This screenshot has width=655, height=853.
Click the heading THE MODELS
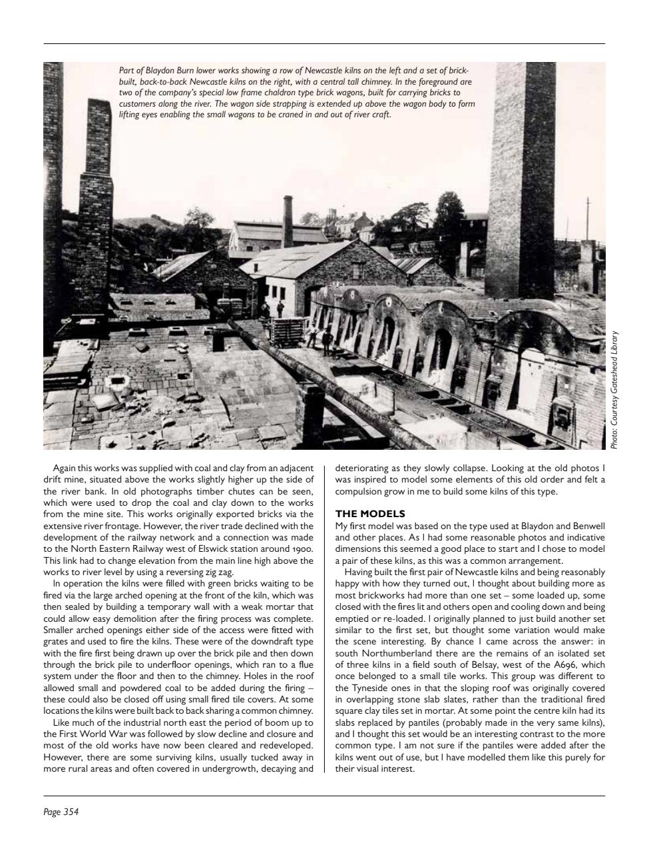pos(369,514)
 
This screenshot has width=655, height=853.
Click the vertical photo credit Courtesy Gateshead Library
pos(616,390)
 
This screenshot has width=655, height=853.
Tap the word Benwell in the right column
pos(587,526)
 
